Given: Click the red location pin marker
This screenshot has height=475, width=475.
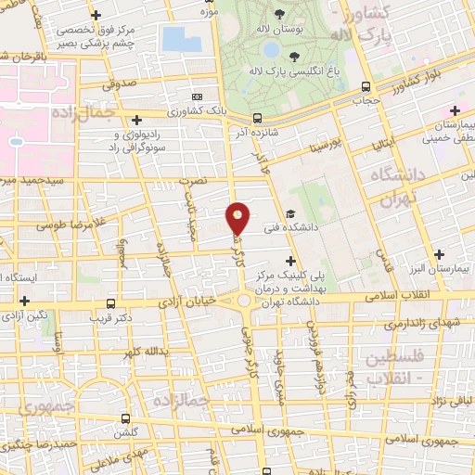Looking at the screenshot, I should point(238,218).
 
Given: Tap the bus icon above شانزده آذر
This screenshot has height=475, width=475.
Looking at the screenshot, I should point(256,119).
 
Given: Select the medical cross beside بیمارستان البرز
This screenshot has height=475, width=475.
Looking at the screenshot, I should point(440,253).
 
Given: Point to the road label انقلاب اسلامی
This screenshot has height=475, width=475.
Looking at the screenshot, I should point(374,294).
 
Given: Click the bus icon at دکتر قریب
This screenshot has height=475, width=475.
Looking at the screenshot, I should point(111,303).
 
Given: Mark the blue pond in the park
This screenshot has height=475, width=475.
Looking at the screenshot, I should point(174,39).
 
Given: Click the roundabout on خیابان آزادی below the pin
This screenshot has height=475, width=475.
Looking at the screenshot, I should point(245,301).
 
